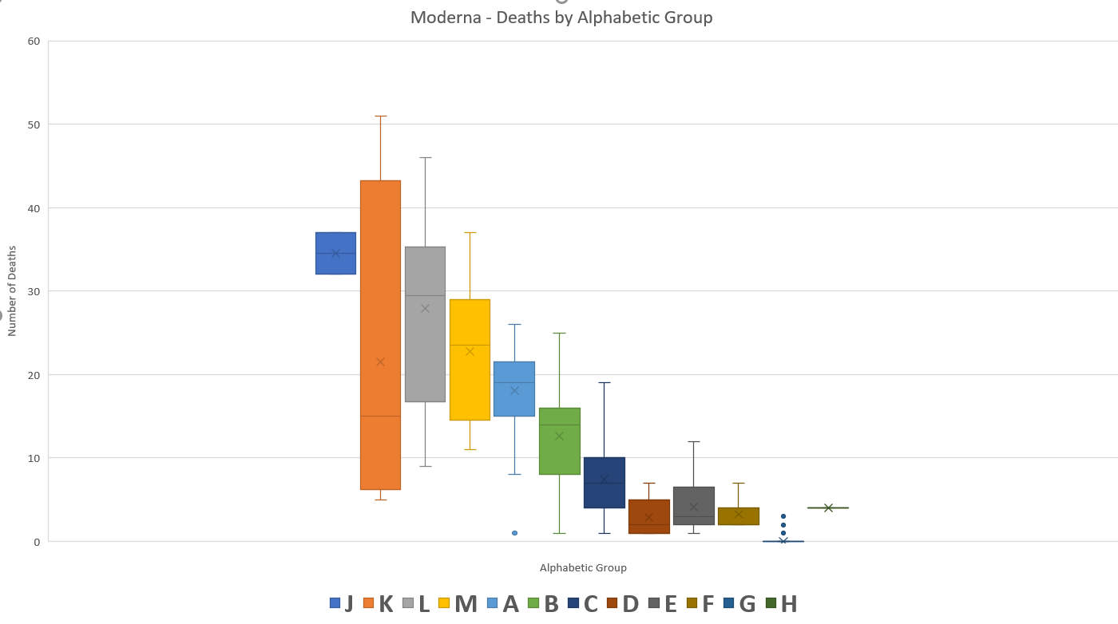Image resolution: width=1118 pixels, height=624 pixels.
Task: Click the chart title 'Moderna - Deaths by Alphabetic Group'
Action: coord(561,18)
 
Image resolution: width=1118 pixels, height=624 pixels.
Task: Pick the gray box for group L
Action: coord(425,343)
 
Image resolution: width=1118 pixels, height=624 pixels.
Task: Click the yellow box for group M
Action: coord(470,383)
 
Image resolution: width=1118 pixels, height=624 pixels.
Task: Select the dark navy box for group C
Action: coord(604,495)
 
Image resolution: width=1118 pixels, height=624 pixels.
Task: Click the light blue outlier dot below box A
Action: coord(514,533)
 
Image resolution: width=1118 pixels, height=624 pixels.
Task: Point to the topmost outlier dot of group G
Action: coord(783,516)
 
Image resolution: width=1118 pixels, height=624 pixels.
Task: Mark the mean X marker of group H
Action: coord(828,507)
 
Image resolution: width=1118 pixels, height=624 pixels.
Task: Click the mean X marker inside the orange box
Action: coord(380,361)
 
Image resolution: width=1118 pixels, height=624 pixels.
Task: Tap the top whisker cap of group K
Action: coord(380,116)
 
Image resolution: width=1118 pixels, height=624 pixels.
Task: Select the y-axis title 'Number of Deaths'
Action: coord(13,290)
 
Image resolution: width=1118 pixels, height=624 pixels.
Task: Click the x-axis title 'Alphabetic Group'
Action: coord(583,568)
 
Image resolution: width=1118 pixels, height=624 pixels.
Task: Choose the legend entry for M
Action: coord(458,604)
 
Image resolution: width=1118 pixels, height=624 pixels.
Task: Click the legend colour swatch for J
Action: coord(335,603)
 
